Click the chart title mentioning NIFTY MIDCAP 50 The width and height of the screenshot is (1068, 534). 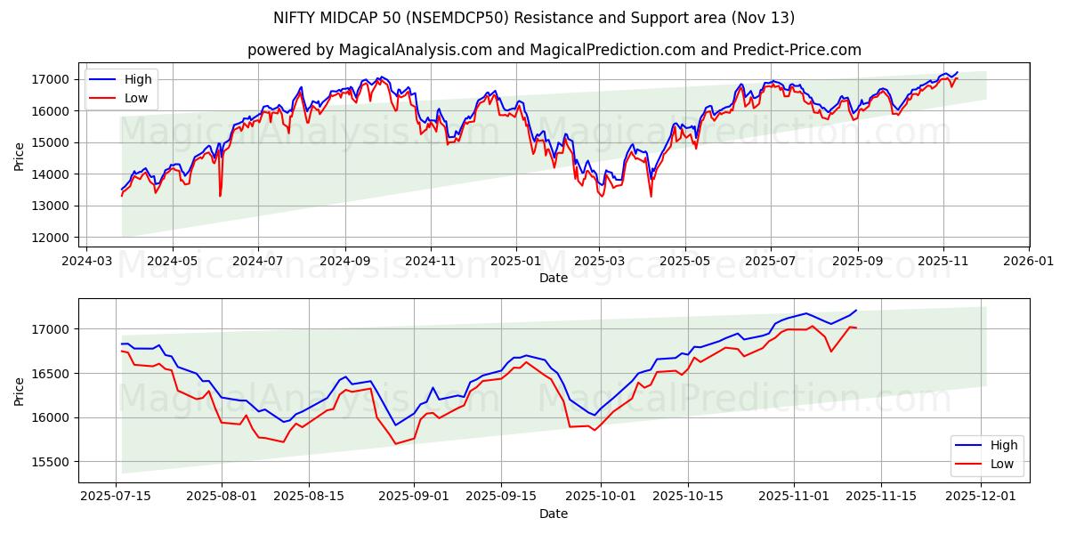pos(534,18)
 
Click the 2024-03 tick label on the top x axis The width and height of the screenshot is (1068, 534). pos(86,262)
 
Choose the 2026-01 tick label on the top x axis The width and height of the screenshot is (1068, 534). pos(1029,262)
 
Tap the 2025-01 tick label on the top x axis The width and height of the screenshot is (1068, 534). pos(516,262)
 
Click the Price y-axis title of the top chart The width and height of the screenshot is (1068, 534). pos(20,155)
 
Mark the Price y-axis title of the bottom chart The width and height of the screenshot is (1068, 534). pos(20,391)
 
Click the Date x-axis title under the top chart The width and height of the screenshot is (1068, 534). pos(554,278)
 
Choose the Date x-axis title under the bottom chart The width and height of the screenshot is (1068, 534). pos(554,514)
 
